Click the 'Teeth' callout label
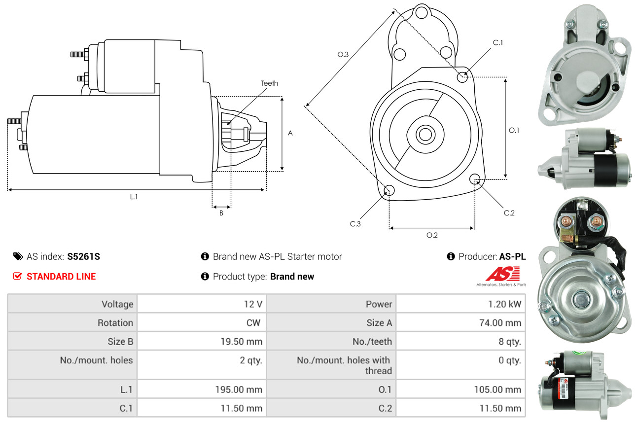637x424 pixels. point(269,83)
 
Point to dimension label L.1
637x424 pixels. point(134,197)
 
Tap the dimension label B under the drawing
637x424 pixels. point(221,213)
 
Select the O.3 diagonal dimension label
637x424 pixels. point(343,55)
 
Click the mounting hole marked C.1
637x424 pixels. point(462,77)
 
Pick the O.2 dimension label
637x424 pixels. point(432,235)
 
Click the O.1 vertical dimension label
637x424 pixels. point(514,130)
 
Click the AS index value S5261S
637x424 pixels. point(84,256)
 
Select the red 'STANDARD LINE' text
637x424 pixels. point(61,277)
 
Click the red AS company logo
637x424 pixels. point(502,274)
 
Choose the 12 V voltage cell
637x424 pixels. point(252,304)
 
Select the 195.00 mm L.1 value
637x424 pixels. point(238,389)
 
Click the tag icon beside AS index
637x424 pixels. point(18,256)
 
